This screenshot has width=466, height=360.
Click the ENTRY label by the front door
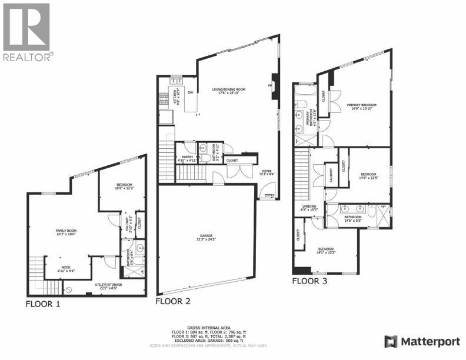point(269,196)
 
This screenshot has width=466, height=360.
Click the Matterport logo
point(421,341)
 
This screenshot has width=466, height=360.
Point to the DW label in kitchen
point(190,93)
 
